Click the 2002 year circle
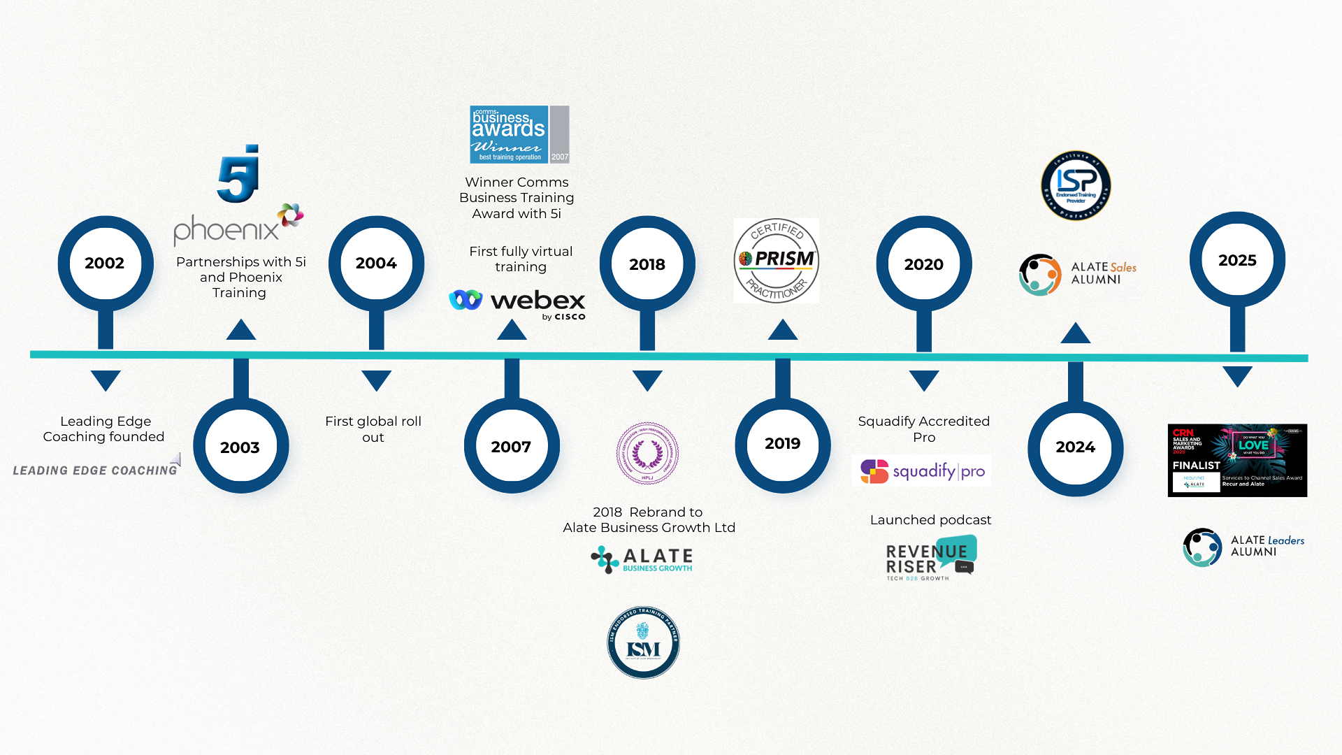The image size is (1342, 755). point(105,263)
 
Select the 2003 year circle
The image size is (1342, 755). point(240,447)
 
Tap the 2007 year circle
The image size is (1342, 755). point(511,446)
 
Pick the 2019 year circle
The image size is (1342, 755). point(782,443)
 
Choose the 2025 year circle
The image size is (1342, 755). point(1237,260)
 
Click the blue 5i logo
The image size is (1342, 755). point(239,175)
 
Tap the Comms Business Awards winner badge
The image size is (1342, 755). point(519,134)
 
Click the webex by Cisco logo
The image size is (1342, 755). point(517,303)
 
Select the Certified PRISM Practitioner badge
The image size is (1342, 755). point(777,261)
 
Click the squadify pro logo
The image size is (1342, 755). point(921,471)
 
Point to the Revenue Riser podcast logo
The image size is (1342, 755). point(930,558)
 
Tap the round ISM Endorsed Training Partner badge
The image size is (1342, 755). point(643,642)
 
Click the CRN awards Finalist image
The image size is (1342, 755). point(1237,460)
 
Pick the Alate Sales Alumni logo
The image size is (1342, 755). point(1078,273)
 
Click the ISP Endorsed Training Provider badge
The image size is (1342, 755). point(1076,186)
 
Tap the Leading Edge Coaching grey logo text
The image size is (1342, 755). point(96,470)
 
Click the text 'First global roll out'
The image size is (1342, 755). point(373,429)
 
